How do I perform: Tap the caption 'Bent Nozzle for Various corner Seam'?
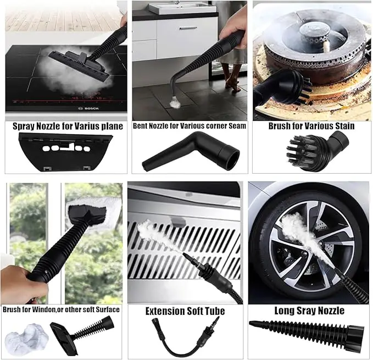tap(190, 126)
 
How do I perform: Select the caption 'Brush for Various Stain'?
tap(311, 126)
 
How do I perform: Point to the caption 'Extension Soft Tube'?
tap(185, 311)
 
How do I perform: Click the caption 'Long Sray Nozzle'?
tap(309, 311)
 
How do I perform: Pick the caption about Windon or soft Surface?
tap(61, 309)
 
